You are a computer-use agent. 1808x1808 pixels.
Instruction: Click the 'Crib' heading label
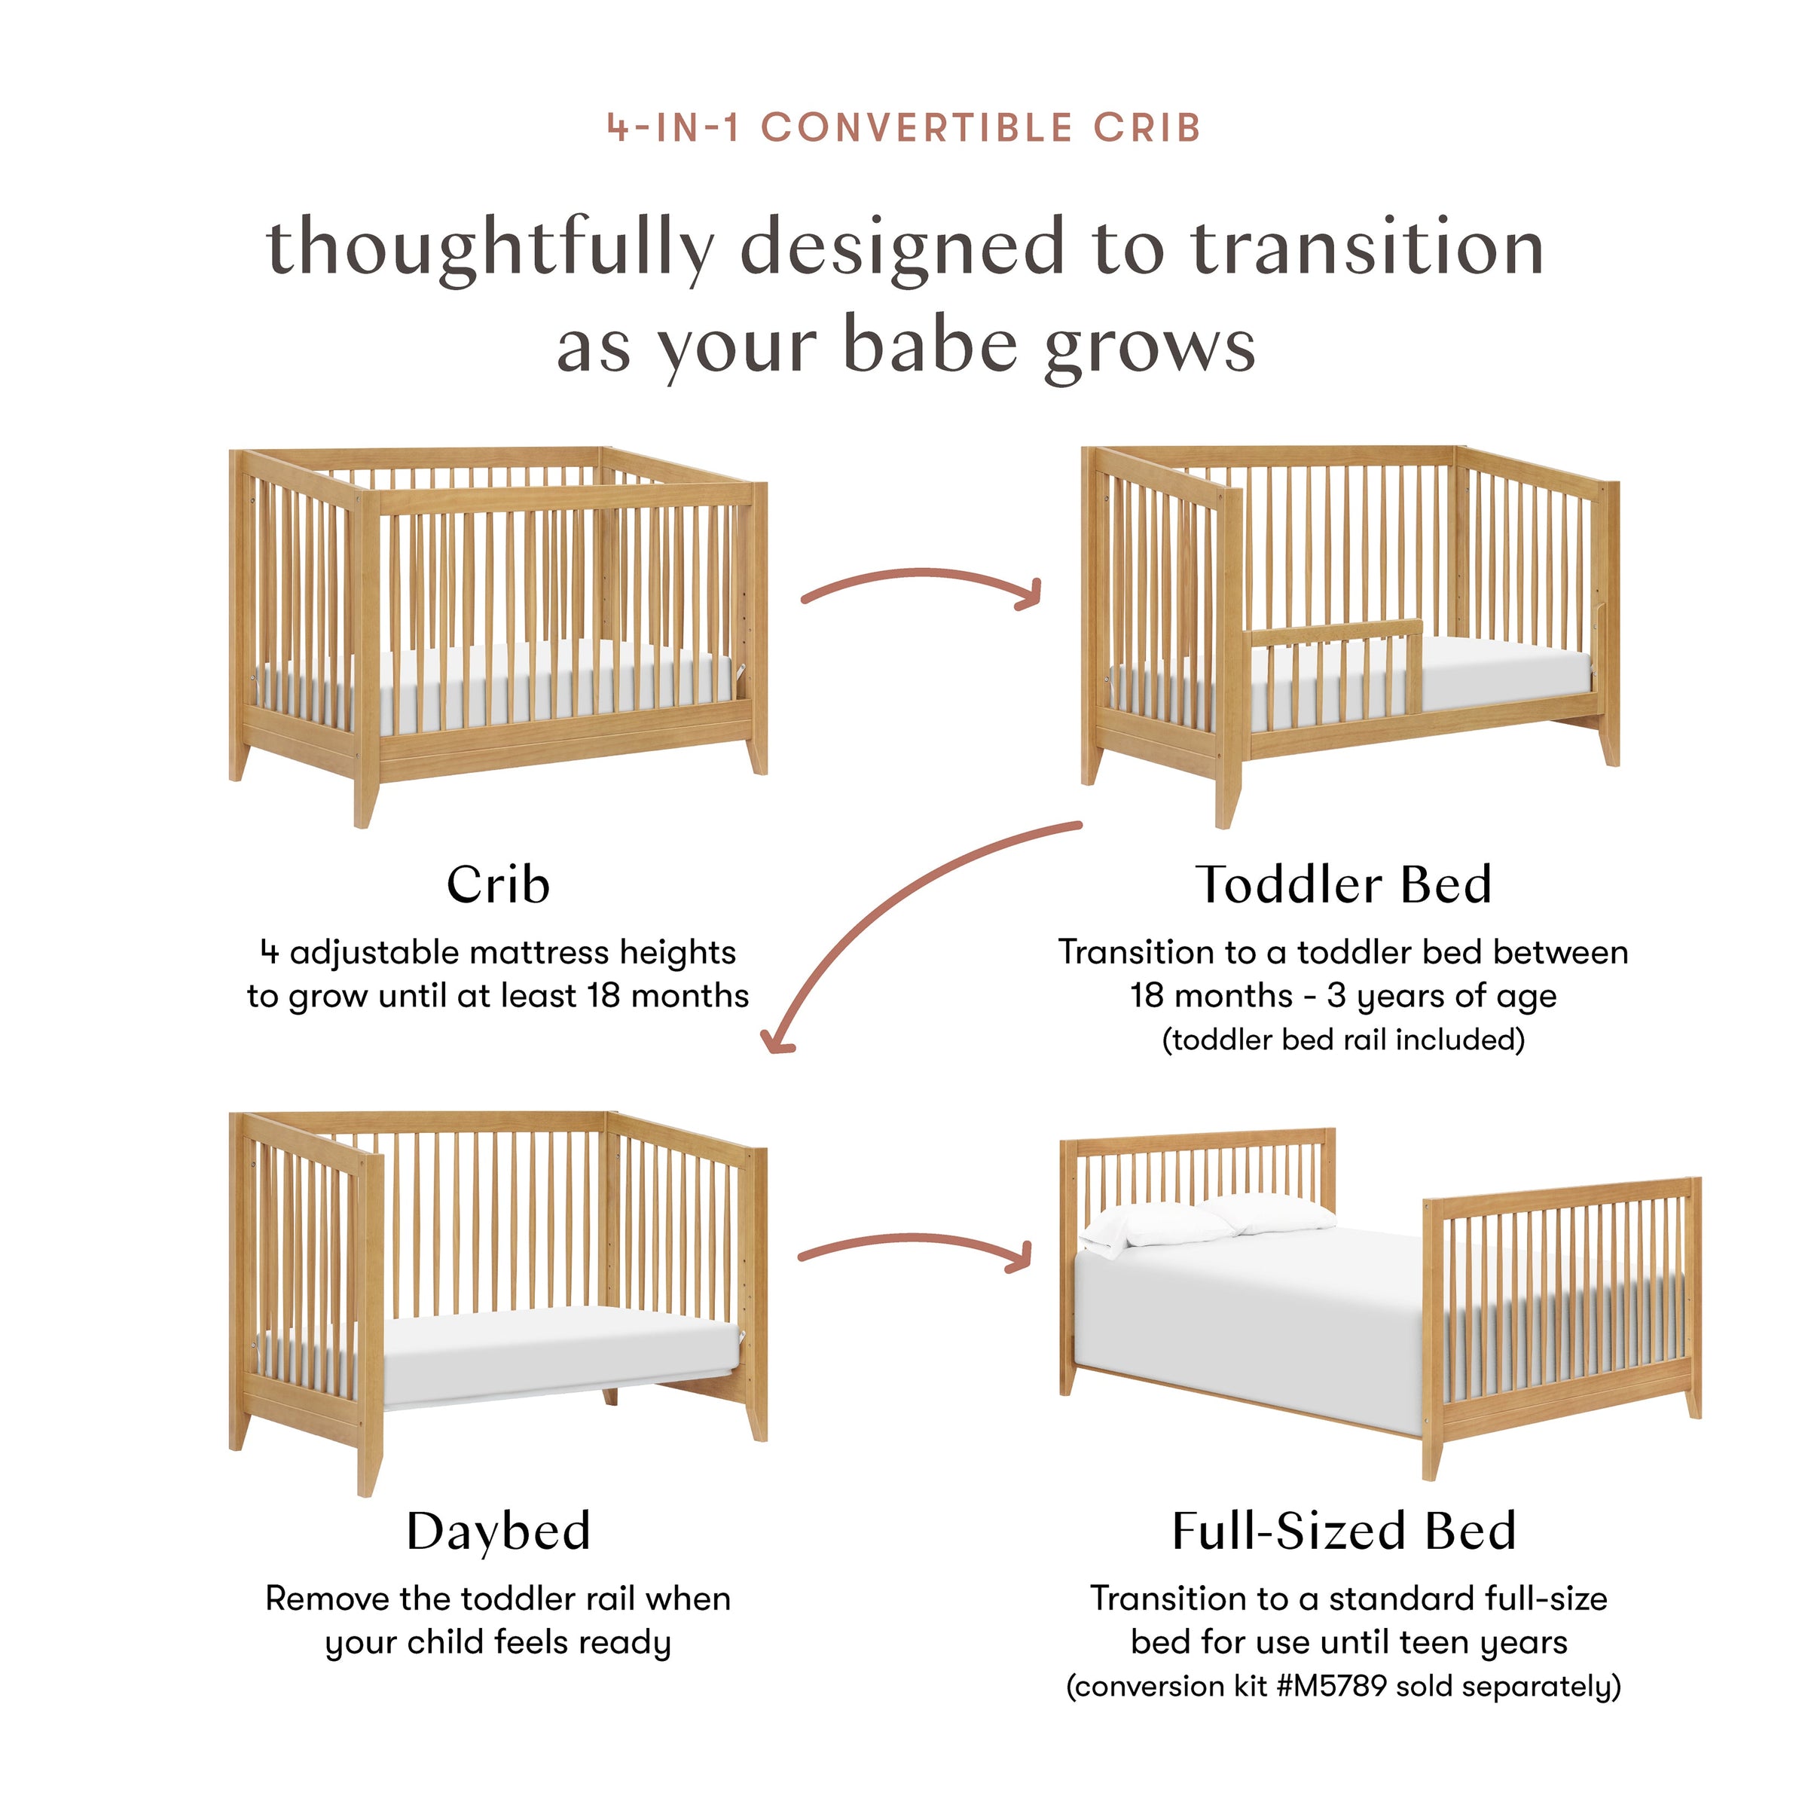498,885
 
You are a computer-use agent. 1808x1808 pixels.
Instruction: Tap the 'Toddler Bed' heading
1343,885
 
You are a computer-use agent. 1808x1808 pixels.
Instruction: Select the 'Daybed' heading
498,1532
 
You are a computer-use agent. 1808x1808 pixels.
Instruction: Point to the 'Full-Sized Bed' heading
1343,1532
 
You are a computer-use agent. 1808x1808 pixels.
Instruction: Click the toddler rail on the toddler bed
1334,637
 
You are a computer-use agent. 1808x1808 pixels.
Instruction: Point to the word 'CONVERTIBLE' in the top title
917,128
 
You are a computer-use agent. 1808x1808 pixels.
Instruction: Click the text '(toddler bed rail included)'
1343,1040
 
